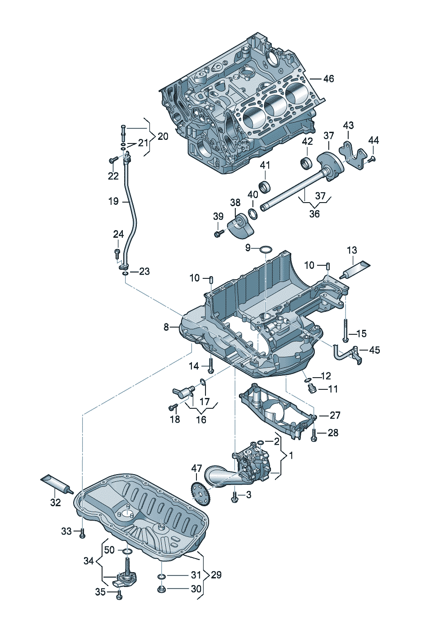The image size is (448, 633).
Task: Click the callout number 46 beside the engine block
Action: coord(328,79)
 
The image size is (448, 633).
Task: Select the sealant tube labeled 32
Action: coord(56,484)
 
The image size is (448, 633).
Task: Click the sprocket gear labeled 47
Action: coord(201,494)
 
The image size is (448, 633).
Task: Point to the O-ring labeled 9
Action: coord(266,249)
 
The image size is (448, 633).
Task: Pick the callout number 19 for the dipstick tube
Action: coord(113,201)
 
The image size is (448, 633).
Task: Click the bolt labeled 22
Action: coord(113,159)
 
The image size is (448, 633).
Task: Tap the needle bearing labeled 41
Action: coord(264,185)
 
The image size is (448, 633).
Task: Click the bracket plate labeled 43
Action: coord(355,156)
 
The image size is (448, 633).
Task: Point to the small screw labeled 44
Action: coord(372,159)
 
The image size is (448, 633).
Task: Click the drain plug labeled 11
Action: coord(311,388)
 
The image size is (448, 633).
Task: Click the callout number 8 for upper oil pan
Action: coord(166,327)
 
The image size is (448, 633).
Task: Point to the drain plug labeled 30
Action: coord(162,589)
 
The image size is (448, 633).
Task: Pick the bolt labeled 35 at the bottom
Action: coord(119,596)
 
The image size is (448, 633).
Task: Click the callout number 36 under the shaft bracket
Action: coord(314,214)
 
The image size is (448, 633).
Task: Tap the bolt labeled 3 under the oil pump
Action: coord(234,496)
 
